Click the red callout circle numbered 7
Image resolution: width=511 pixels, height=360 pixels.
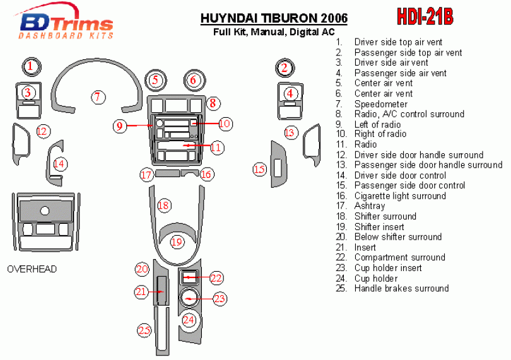tap(97, 97)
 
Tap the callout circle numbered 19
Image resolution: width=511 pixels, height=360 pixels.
tap(177, 242)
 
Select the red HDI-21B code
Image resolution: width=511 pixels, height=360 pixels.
tap(425, 16)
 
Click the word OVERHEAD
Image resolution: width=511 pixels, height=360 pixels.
tap(32, 269)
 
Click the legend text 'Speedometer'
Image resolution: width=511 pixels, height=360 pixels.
tap(381, 104)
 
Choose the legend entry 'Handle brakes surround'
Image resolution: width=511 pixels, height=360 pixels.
tap(401, 288)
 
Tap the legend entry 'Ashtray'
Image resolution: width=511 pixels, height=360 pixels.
tap(370, 206)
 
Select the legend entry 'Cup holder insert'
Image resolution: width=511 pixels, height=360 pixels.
tap(388, 268)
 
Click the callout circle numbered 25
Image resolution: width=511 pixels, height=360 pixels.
tap(144, 330)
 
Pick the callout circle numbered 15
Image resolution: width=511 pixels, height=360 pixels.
tap(260, 170)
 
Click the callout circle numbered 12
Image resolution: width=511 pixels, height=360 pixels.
tap(43, 131)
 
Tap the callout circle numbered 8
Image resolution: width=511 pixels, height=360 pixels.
tap(213, 103)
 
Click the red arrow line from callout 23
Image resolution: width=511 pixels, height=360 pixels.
tap(200, 299)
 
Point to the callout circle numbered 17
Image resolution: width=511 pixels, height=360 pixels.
tap(146, 175)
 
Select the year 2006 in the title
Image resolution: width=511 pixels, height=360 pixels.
tap(334, 18)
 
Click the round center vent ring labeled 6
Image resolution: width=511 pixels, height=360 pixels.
tap(194, 71)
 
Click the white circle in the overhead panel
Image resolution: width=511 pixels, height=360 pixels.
tap(45, 211)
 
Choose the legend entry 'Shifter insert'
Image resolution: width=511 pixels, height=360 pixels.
tap(379, 227)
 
